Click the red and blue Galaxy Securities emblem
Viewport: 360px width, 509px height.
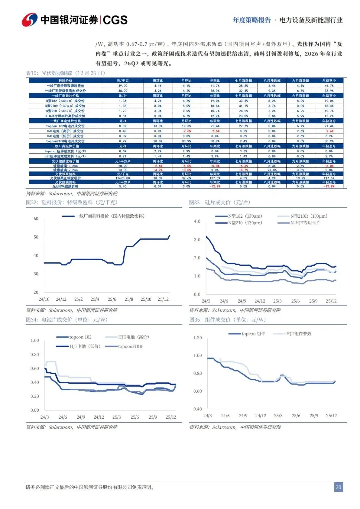point(30,20)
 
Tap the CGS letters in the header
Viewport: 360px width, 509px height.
point(115,20)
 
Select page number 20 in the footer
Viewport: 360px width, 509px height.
point(338,487)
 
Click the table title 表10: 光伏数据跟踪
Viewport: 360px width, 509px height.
point(66,73)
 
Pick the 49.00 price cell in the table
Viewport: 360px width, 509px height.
point(123,86)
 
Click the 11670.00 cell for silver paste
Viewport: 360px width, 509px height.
point(123,178)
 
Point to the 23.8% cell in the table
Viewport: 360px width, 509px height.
point(272,170)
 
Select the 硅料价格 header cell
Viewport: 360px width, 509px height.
point(65,81)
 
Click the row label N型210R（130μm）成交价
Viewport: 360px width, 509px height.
point(65,106)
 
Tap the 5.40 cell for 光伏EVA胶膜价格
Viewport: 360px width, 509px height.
point(123,186)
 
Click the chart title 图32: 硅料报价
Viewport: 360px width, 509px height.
point(72,202)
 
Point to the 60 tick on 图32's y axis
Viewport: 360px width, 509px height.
point(36,219)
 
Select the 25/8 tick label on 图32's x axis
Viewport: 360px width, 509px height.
point(129,299)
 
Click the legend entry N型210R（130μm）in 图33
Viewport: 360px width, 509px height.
point(309,216)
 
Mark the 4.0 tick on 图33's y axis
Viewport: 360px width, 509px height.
point(197,221)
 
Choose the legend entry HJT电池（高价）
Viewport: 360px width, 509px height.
point(133,337)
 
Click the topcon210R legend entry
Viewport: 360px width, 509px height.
point(130,346)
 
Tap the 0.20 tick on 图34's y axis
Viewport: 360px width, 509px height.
point(35,396)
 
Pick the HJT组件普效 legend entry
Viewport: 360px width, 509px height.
point(299,334)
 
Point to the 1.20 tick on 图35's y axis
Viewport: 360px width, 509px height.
point(198,338)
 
